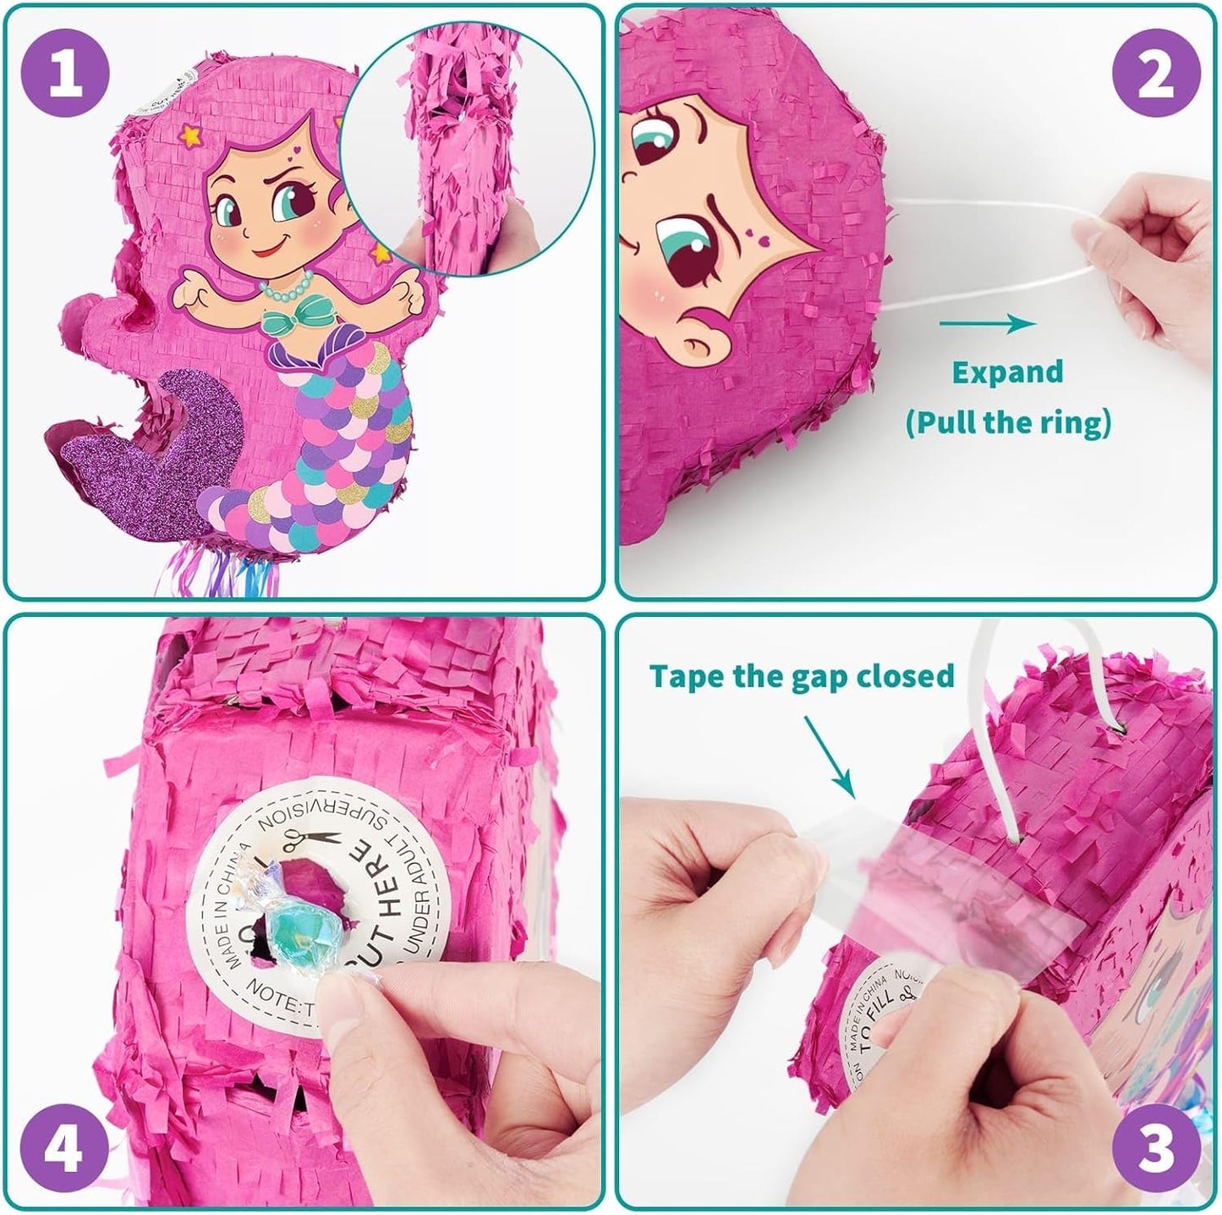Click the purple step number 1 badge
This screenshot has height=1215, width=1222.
67,74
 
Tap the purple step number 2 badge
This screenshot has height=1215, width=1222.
1155,74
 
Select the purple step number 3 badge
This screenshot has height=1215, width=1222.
1155,1146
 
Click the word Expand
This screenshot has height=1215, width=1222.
1006,372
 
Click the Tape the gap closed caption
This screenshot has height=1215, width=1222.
802,675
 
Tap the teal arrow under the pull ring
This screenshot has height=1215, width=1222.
987,323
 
